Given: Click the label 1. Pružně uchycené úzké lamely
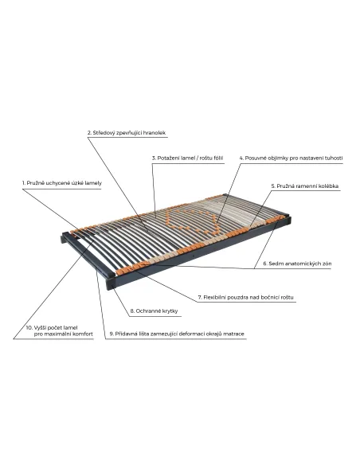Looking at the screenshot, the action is click(61, 183).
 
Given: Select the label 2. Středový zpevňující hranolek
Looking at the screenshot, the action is click(127, 133).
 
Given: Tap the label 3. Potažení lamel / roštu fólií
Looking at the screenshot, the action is click(187, 158).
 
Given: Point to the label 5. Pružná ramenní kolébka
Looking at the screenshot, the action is click(305, 186).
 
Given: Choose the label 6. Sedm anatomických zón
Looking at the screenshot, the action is click(297, 264).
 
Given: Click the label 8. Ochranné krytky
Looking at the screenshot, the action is click(154, 311).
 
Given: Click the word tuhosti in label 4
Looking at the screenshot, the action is click(333, 158).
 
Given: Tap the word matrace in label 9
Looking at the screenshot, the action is click(233, 334).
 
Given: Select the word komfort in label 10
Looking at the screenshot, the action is click(84, 334).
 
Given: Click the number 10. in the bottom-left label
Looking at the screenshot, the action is click(29, 328).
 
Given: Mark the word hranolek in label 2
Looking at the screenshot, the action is click(155, 133).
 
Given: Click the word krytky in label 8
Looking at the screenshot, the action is click(169, 311).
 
